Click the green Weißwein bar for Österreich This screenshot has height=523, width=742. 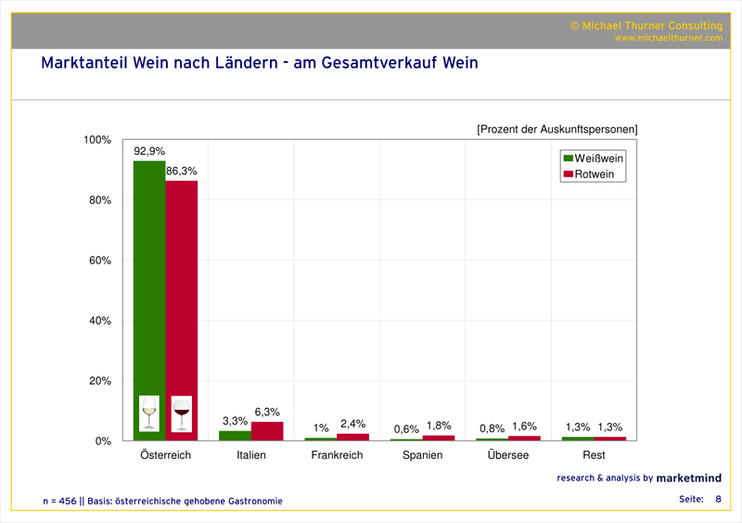pos(149,278)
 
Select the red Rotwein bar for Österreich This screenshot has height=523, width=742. pos(182,287)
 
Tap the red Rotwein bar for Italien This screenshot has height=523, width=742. pos(267,431)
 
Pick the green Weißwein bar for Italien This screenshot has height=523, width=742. pos(235,436)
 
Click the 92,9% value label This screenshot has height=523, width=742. pos(149,150)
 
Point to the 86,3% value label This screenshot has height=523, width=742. pos(182,171)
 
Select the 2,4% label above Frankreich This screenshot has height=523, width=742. pos(352,424)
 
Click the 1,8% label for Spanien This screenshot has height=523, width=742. pos(438,426)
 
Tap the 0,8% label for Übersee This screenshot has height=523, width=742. pos(492,428)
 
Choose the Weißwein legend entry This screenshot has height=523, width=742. pos(593,159)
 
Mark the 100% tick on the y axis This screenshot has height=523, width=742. pos(96,140)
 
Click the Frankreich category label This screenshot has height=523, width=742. pos(337,455)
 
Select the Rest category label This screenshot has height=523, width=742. pos(594,455)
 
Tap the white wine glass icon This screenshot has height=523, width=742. pos(149,413)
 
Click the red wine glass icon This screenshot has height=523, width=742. pos(182,413)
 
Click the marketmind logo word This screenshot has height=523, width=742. pos(689,478)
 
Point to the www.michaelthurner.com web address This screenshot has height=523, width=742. pos(668,38)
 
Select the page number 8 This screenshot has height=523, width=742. pos(717,500)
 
